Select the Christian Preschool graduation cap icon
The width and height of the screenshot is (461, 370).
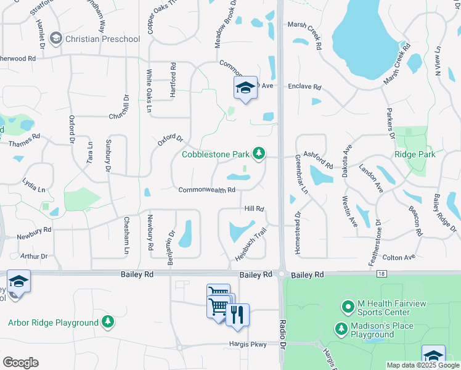tap(57, 39)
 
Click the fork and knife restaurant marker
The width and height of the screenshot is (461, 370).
tap(237, 315)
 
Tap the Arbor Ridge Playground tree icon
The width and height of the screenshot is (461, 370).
tap(108, 322)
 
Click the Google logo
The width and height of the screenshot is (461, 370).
tap(20, 362)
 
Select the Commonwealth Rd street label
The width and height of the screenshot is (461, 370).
tap(207, 190)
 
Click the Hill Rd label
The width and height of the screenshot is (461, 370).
tap(254, 210)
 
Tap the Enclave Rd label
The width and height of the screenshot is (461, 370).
tap(304, 87)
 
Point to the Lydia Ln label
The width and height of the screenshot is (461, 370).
tap(33, 185)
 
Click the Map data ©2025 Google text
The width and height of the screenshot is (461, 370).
tap(422, 365)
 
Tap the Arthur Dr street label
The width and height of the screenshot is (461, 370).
tap(33, 256)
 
